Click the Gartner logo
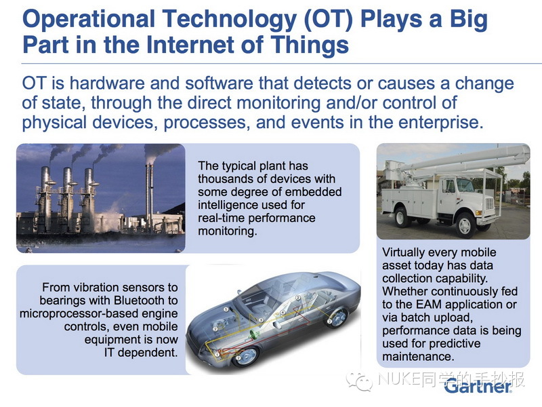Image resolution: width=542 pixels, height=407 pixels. [x=478, y=386]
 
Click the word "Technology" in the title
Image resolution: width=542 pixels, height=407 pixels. [x=229, y=19]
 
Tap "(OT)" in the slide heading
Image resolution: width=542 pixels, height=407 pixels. [x=328, y=19]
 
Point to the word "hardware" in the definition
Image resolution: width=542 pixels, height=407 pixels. [x=107, y=83]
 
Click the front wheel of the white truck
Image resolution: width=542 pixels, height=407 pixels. [x=465, y=225]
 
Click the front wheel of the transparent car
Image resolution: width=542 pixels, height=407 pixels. [x=245, y=355]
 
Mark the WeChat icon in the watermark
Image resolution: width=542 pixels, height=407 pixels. [x=360, y=381]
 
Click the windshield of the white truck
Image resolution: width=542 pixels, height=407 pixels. [x=464, y=186]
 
